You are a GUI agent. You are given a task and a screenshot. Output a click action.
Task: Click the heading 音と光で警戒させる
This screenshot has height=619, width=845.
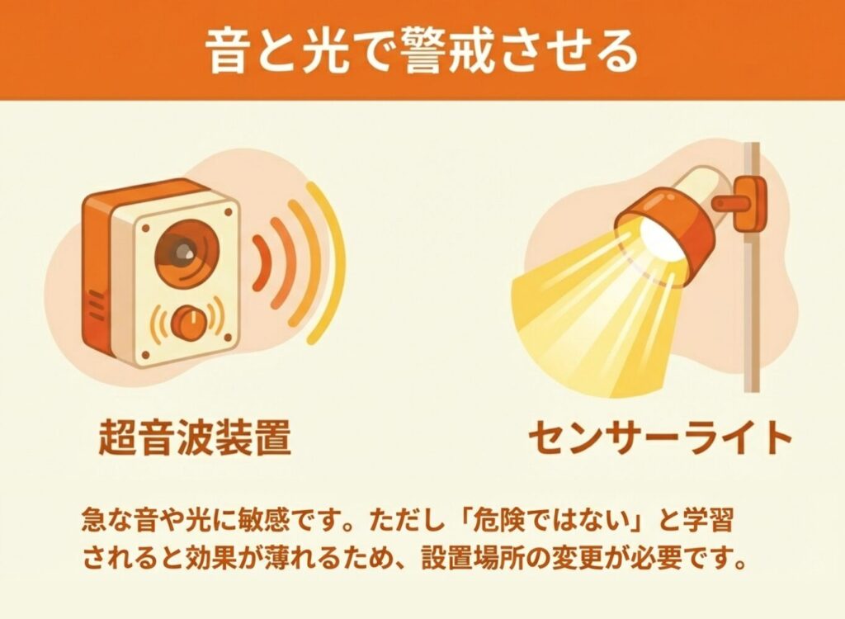click(422, 51)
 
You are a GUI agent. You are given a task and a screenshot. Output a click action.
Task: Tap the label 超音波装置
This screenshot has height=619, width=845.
click(195, 437)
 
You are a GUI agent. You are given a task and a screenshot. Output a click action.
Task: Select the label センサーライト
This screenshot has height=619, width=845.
click(659, 437)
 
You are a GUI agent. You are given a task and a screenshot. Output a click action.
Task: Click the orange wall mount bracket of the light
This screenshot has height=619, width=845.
click(741, 203)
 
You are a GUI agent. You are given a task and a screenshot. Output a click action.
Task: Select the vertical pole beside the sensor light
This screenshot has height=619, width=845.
click(751, 267)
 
